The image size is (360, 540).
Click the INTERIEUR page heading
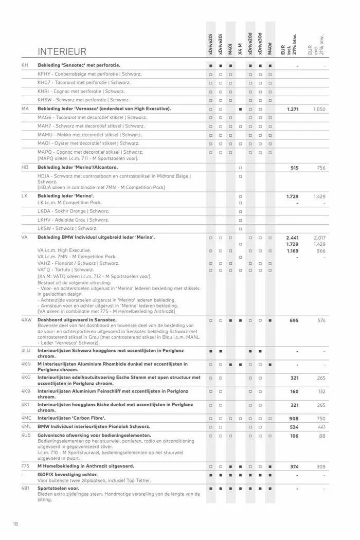62,51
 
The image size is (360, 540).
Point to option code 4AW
26,320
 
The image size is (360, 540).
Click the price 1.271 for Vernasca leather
293,110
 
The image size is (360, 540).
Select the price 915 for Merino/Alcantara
294,168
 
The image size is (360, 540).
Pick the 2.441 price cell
292,238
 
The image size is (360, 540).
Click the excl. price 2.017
319,238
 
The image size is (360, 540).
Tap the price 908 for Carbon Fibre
294,419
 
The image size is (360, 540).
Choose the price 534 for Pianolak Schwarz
294,427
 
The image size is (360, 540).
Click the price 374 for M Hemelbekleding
294,466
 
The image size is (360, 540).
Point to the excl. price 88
321,436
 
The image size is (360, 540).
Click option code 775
25,466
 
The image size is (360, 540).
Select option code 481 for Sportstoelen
25,488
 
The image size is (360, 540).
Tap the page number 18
16,524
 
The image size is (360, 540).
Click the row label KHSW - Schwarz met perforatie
83,100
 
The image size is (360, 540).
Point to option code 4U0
26,436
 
